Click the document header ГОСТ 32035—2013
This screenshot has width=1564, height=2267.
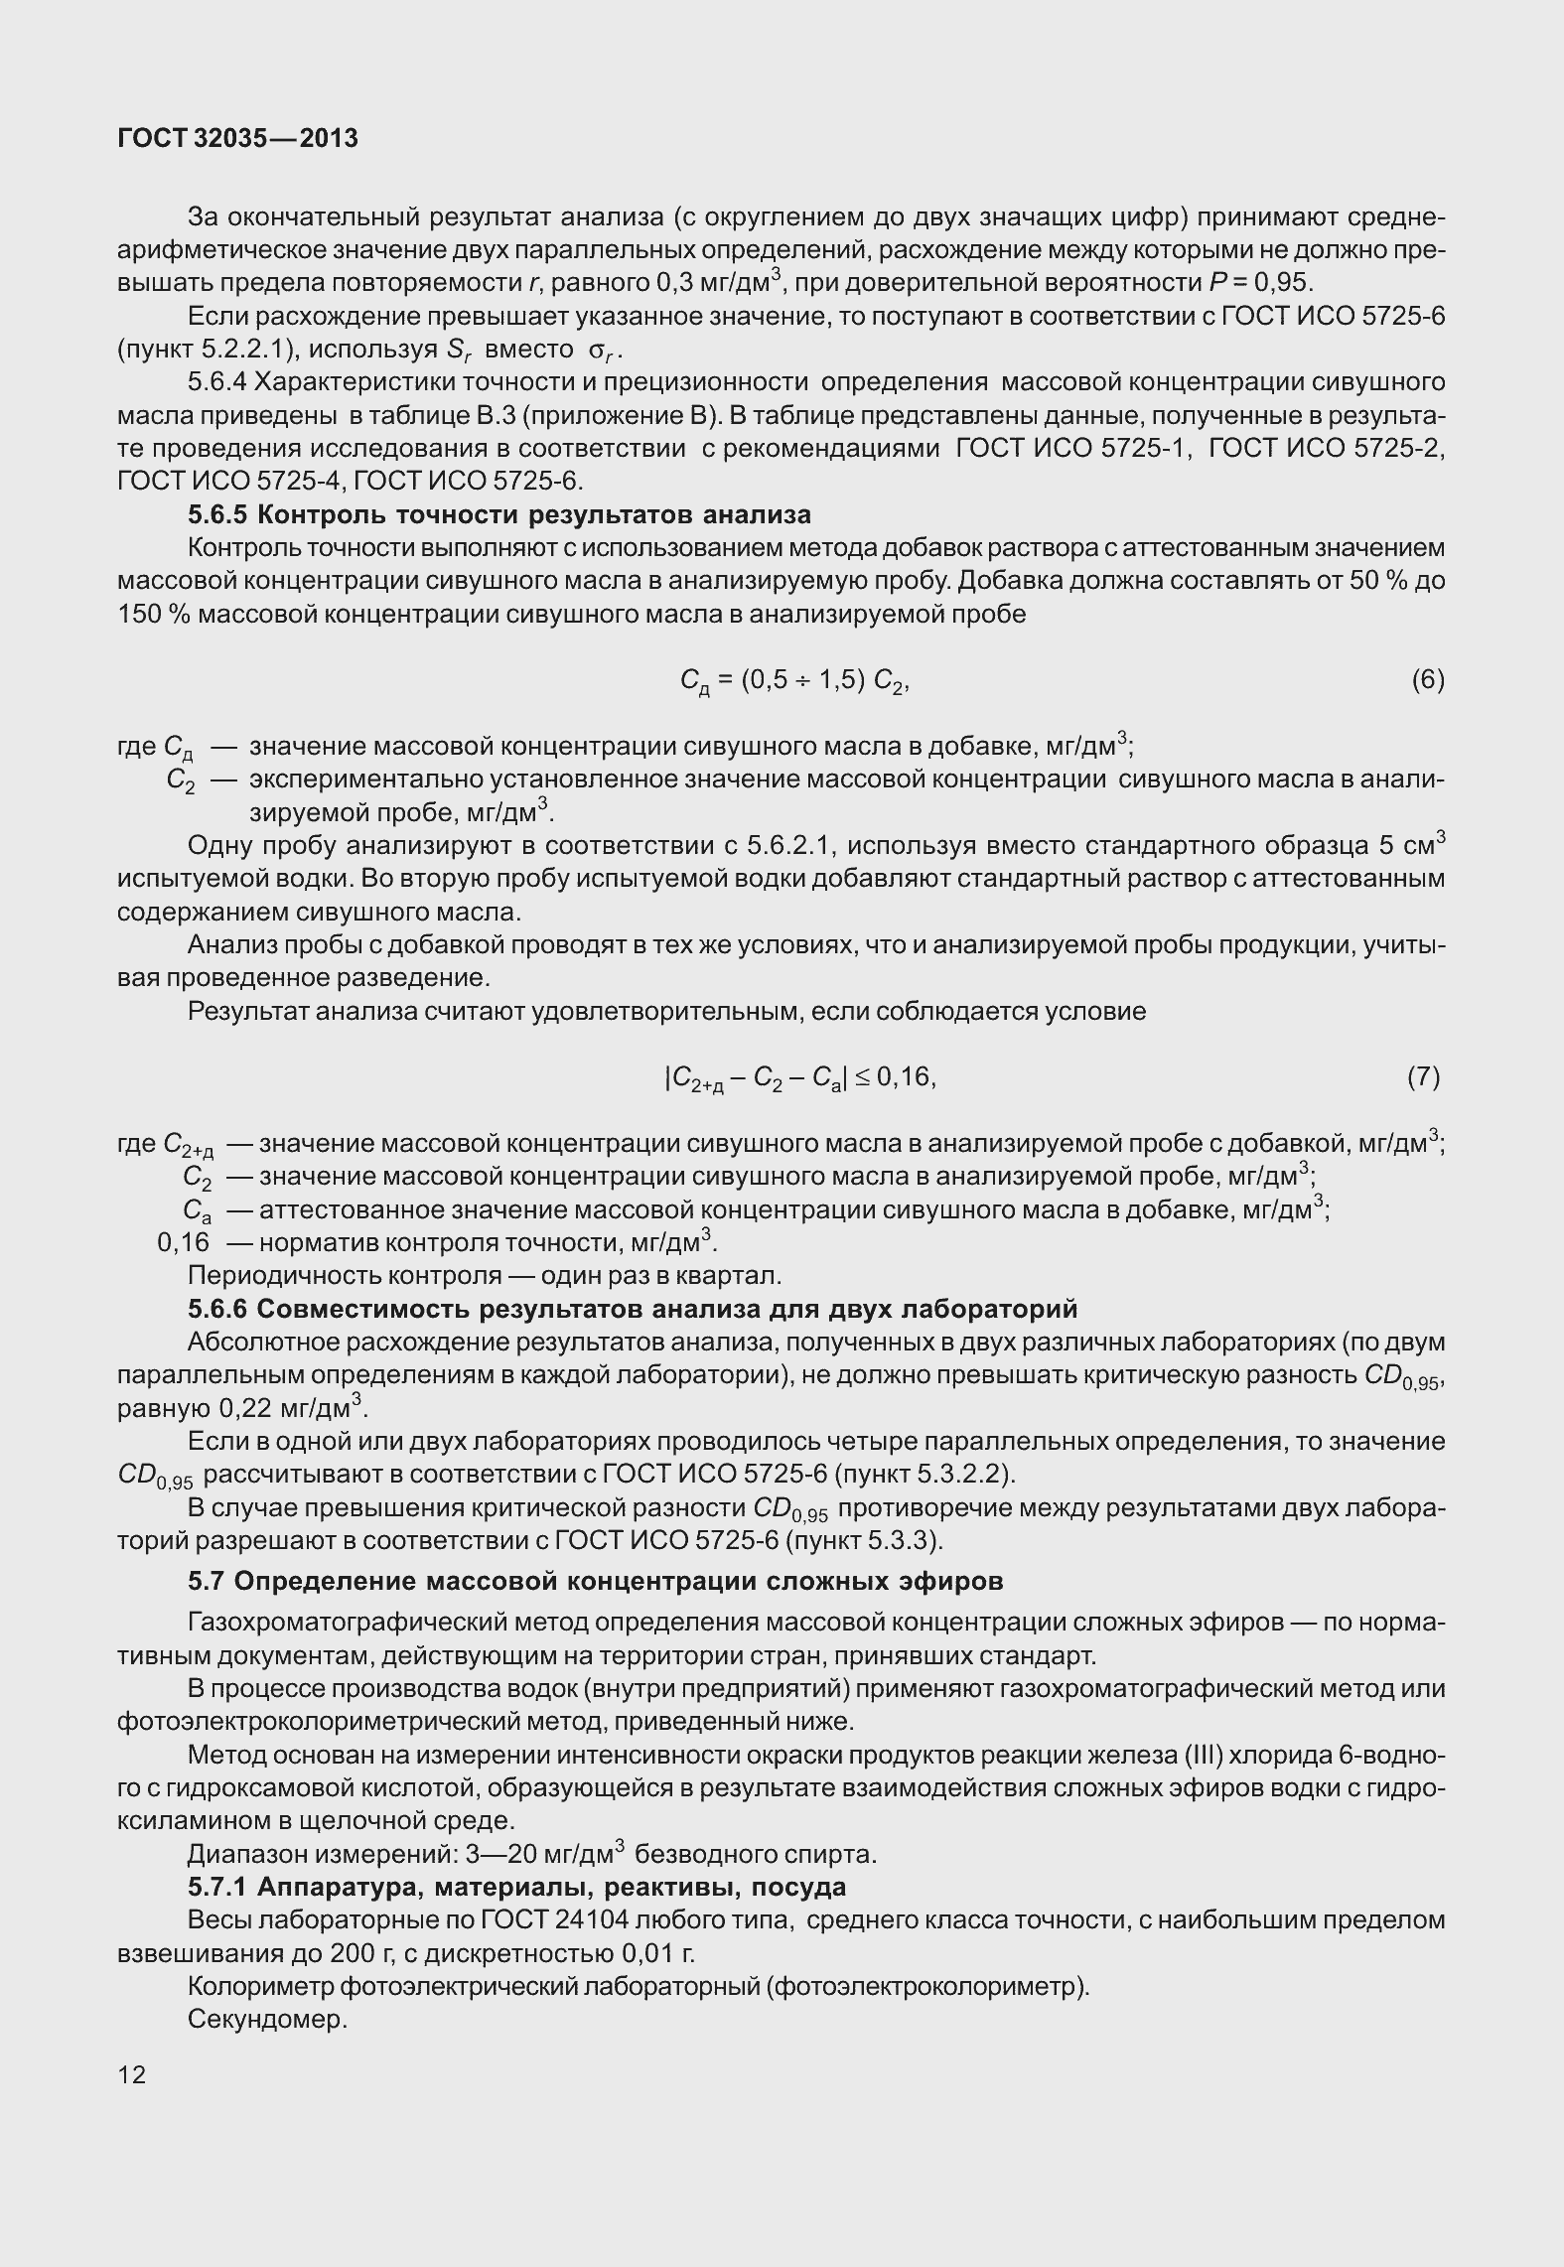(x=237, y=139)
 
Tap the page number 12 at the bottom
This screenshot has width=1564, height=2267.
(x=131, y=2074)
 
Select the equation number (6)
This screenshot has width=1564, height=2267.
(x=1427, y=679)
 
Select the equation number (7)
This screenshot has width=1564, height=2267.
(x=1423, y=1076)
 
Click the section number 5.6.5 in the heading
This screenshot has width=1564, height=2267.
(x=219, y=514)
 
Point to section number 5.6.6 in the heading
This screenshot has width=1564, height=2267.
(x=219, y=1309)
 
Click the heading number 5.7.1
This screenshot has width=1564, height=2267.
(x=219, y=1886)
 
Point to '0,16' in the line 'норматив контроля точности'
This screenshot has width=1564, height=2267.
(x=184, y=1242)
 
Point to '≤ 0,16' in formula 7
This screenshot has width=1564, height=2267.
(x=893, y=1076)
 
